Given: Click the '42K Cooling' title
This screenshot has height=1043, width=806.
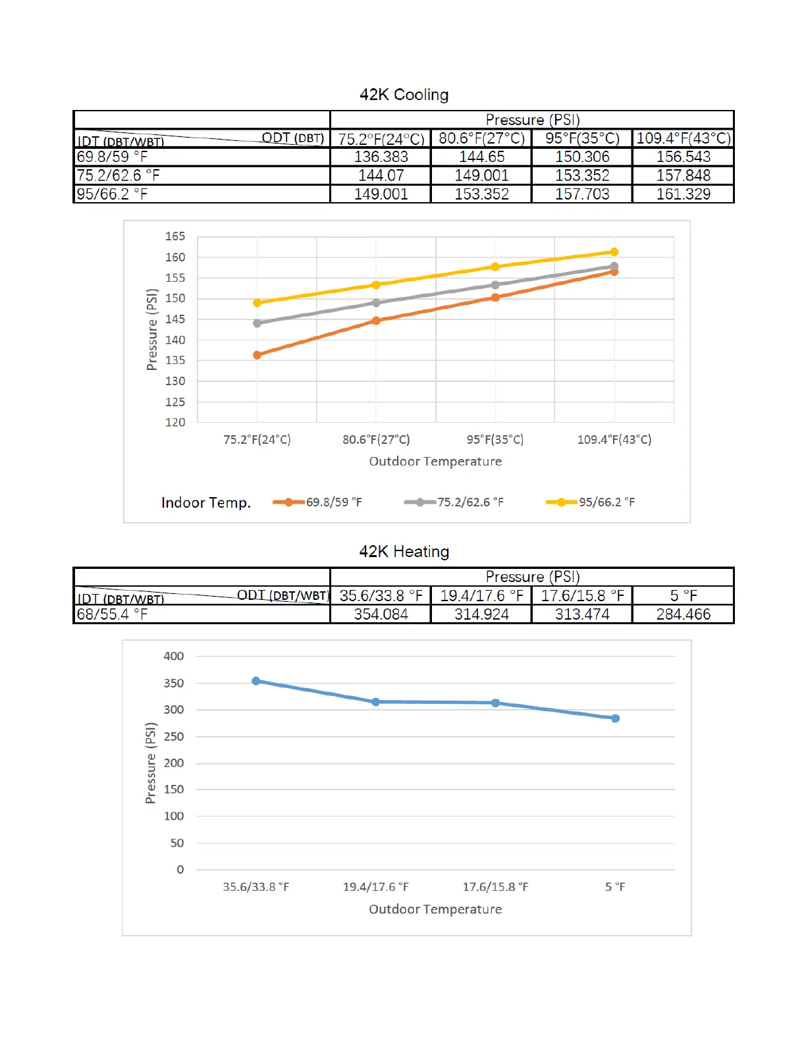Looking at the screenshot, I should [x=404, y=95].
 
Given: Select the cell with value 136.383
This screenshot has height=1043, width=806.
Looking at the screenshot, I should [x=381, y=157].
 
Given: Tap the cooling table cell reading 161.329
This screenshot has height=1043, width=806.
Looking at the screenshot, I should [x=683, y=194].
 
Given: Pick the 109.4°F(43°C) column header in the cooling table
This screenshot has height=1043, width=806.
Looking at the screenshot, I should [x=683, y=138].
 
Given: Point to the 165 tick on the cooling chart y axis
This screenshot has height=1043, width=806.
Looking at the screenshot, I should [x=175, y=236].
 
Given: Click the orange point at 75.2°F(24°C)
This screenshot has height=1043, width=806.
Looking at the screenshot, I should [x=257, y=355].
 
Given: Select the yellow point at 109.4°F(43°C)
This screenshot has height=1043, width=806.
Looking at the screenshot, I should [x=614, y=252].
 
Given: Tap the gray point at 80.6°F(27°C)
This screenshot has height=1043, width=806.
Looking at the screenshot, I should [x=376, y=303].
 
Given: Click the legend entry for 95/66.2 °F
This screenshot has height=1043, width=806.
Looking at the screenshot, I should [x=591, y=502].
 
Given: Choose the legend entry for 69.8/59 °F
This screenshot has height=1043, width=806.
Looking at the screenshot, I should [x=318, y=502].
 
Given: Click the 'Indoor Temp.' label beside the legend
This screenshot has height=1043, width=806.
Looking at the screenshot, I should [x=206, y=503].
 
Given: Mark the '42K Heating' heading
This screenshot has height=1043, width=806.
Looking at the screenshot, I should [x=404, y=552].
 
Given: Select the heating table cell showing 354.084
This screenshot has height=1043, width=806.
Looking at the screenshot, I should [x=381, y=614].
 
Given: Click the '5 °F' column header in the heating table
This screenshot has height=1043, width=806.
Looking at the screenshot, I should [x=683, y=596].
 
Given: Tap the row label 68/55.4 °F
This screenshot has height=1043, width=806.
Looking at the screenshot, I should [x=113, y=614].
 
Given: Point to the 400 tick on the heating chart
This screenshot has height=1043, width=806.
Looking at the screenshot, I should [x=174, y=656].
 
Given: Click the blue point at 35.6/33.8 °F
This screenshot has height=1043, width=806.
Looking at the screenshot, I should [x=256, y=681].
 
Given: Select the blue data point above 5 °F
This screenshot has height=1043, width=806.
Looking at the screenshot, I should [x=615, y=718].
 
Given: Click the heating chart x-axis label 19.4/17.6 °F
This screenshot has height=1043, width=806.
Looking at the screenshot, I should [x=375, y=887].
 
